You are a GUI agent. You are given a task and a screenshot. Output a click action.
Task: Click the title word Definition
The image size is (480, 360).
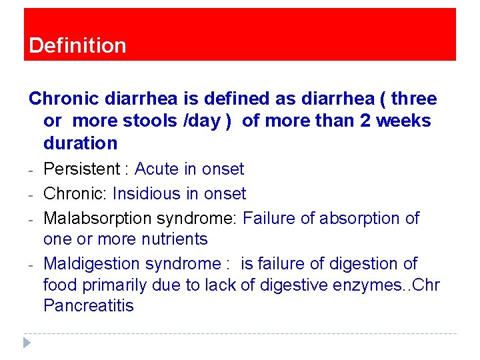(77, 45)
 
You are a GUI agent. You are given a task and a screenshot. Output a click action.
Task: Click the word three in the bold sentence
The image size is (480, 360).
(414, 99)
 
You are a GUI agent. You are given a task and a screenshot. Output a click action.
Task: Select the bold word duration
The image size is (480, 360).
(80, 143)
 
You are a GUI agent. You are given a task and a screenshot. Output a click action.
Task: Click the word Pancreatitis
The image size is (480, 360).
(89, 306)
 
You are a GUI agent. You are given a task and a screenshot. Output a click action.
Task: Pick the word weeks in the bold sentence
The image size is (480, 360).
(406, 121)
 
